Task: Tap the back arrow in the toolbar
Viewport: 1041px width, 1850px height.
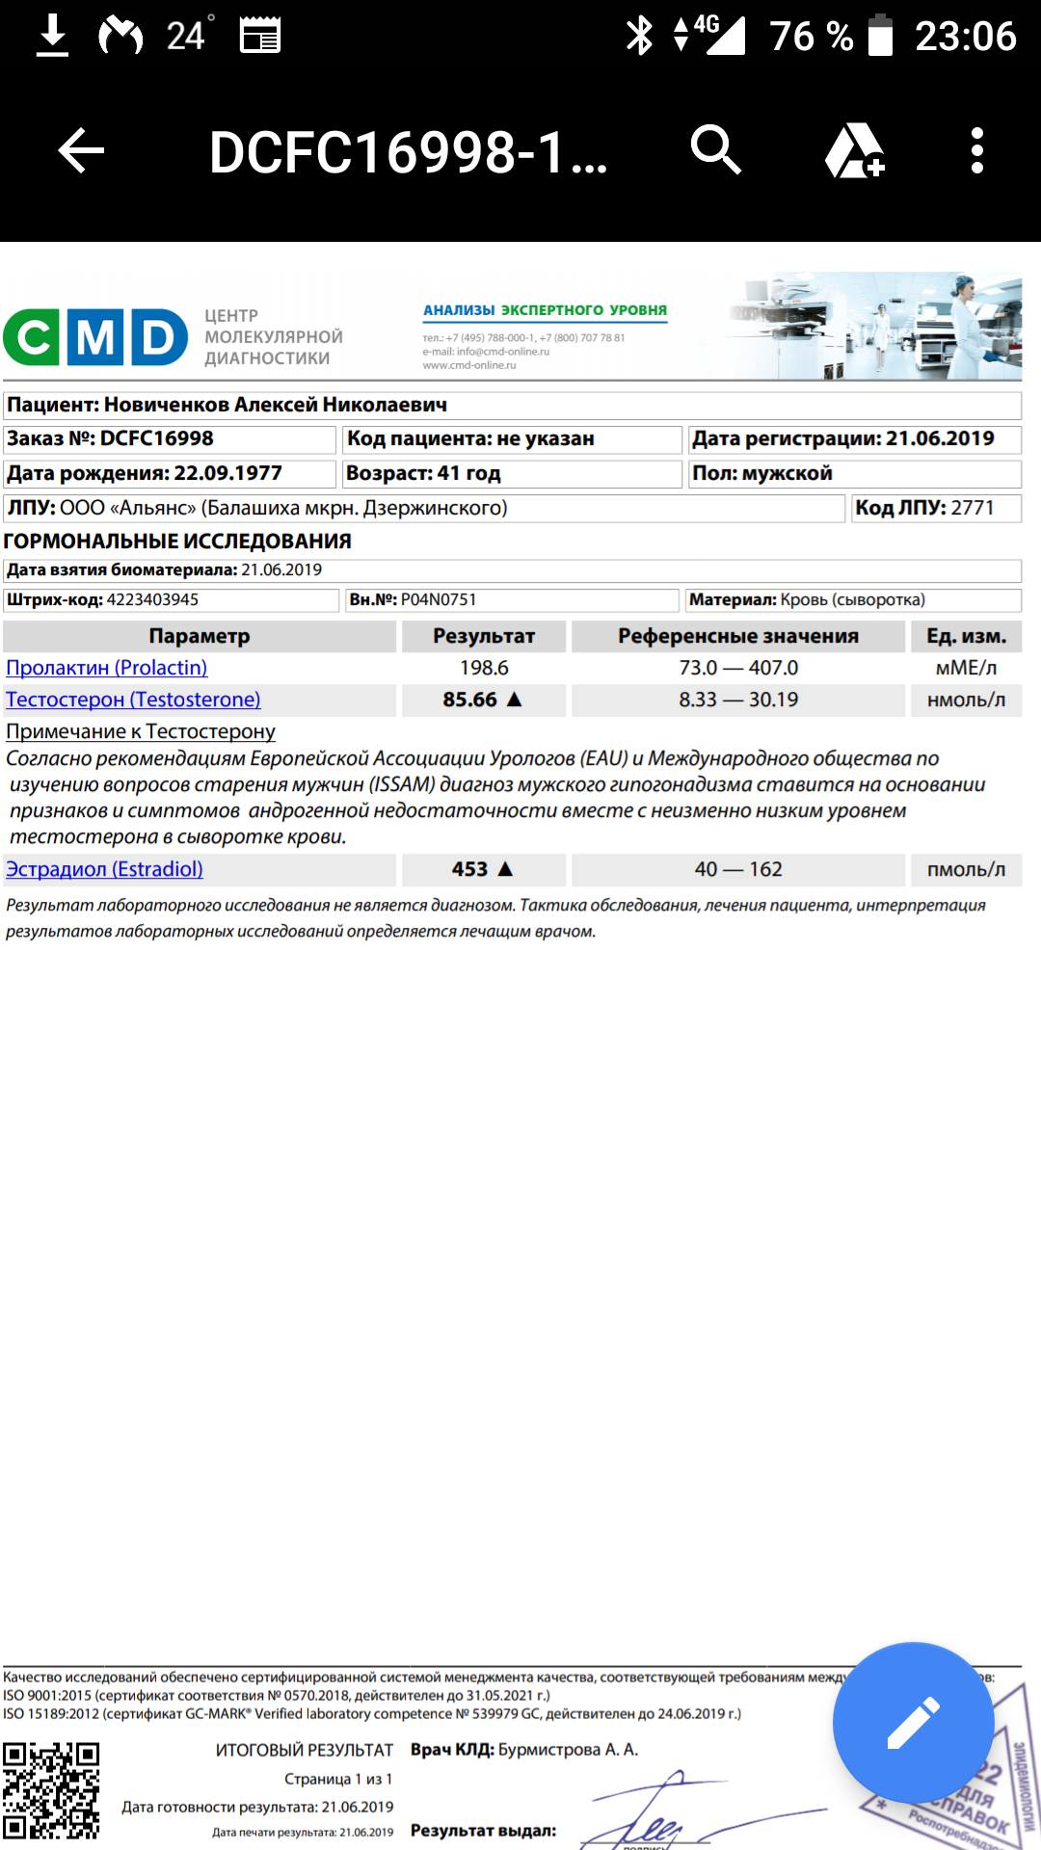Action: click(x=81, y=151)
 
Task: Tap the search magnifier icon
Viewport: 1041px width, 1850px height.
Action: click(x=715, y=150)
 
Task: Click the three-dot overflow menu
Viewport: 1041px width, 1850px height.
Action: click(x=976, y=151)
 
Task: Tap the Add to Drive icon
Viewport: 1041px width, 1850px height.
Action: click(x=854, y=151)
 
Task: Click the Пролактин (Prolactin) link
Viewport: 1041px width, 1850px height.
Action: click(x=106, y=668)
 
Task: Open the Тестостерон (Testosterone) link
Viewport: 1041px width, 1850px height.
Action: click(x=133, y=700)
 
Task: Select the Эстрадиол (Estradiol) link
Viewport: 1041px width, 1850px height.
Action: click(x=104, y=869)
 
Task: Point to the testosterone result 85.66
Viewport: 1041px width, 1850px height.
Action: click(x=470, y=700)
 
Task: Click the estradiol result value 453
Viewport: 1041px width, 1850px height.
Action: click(x=470, y=869)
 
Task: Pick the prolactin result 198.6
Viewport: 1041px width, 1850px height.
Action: click(x=484, y=668)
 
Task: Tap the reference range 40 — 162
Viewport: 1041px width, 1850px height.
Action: click(x=738, y=869)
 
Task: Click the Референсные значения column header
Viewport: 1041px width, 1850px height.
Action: click(x=738, y=636)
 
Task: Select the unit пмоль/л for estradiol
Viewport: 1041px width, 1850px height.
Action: click(x=966, y=869)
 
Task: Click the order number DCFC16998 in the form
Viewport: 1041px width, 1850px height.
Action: click(x=156, y=438)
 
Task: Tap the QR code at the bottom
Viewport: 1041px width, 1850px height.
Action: click(x=51, y=1790)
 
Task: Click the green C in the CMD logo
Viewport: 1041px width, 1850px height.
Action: click(x=33, y=337)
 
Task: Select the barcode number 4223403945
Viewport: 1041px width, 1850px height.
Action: click(x=152, y=599)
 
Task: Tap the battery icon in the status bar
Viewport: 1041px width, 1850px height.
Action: click(x=880, y=36)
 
